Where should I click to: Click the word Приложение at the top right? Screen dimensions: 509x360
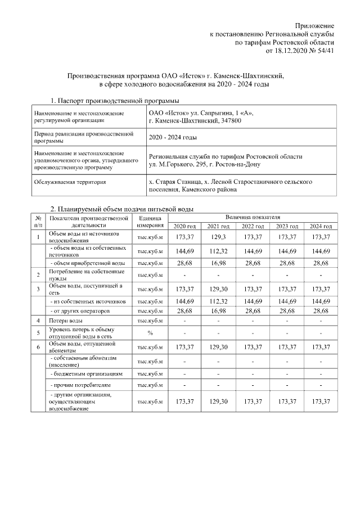coord(315,26)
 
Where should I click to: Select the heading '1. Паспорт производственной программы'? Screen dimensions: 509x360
coord(115,101)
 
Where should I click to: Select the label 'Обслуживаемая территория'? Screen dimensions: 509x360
coord(70,182)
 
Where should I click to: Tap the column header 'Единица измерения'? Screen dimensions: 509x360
coord(150,221)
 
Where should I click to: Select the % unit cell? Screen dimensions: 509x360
coord(150,332)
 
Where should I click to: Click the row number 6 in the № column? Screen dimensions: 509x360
coord(38,346)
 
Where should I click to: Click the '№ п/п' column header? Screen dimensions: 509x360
coord(38,221)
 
